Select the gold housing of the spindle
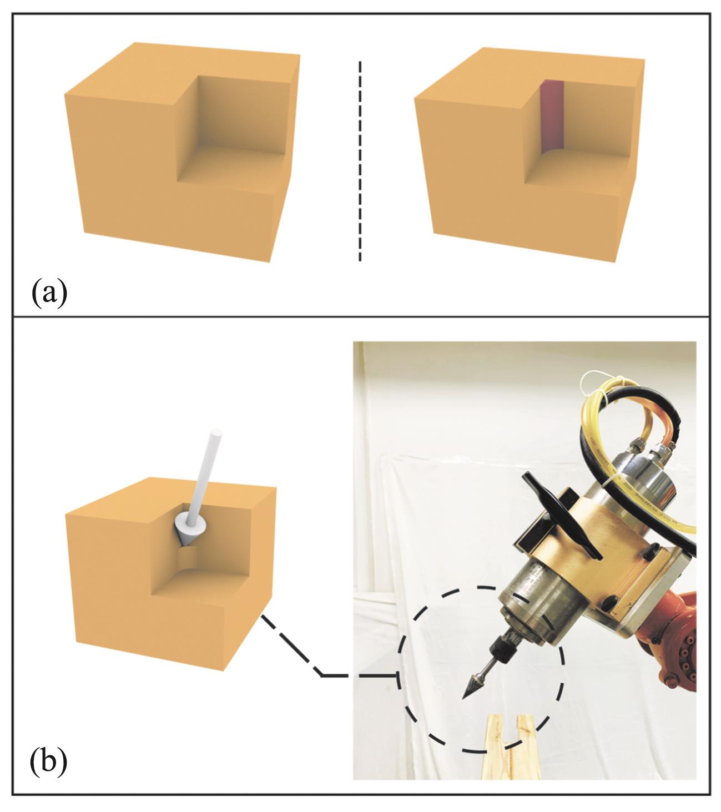point(611,549)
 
